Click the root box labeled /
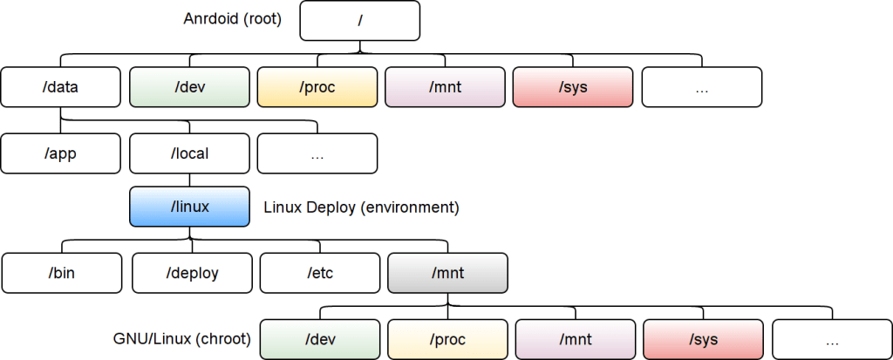point(359,21)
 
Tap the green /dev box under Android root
point(189,87)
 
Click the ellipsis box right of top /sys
point(702,87)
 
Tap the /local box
point(189,154)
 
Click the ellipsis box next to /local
point(317,154)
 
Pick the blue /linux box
point(189,207)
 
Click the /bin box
point(61,273)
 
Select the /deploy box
point(192,273)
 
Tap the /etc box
point(320,273)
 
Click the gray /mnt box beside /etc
point(447,273)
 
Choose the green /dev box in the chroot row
point(320,339)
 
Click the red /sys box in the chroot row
point(704,339)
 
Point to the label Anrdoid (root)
point(233,18)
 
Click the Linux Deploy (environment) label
point(361,207)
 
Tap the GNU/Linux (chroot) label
point(182,338)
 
